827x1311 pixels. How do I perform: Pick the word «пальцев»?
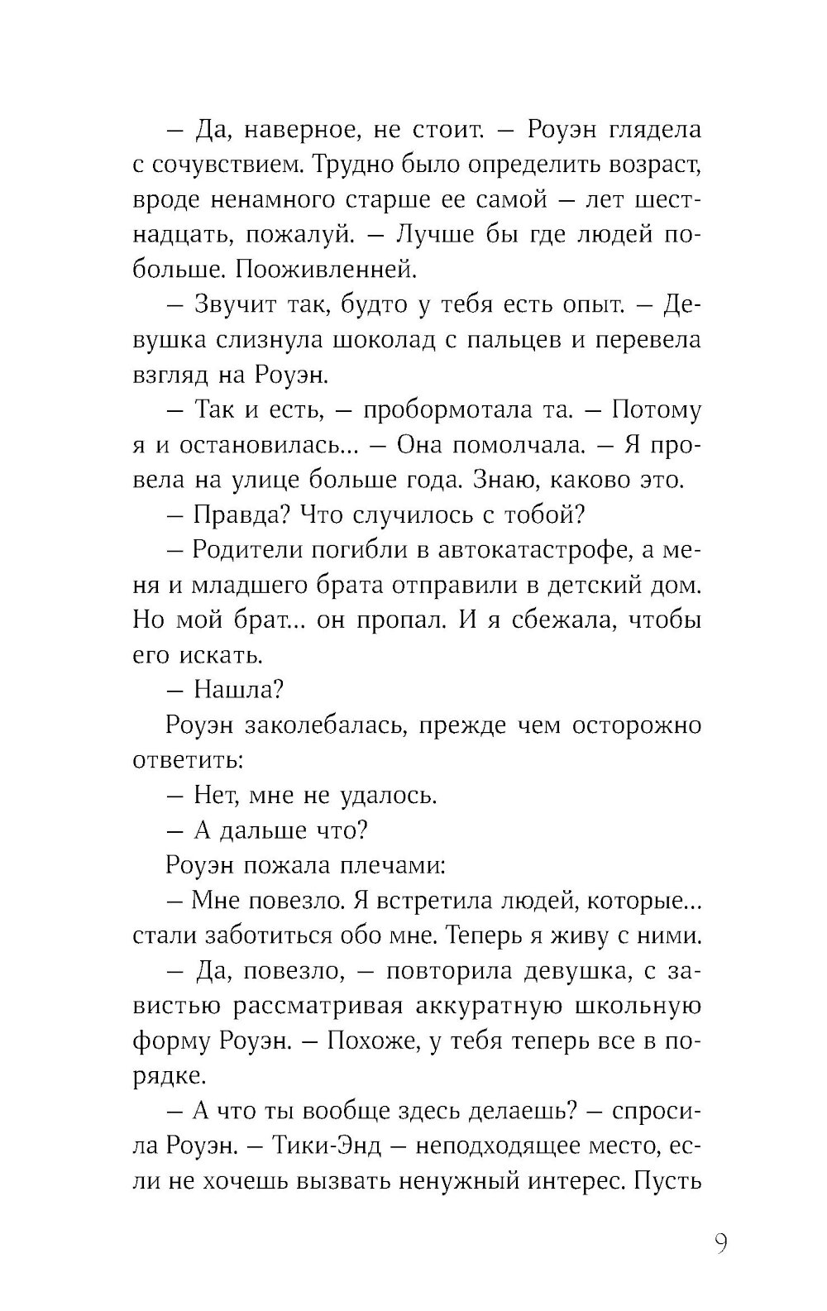[x=539, y=340]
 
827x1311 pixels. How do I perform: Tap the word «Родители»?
[x=247, y=550]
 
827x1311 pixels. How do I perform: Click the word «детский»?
[x=581, y=586]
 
